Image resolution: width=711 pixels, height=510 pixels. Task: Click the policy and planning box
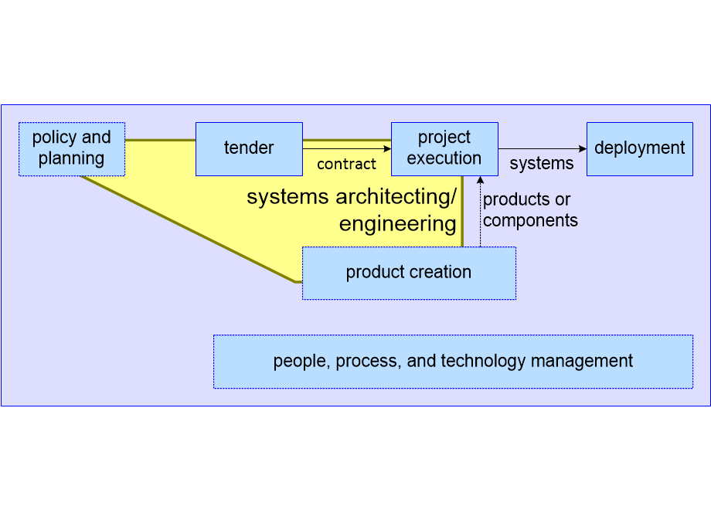71,148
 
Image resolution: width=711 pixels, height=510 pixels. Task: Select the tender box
249,148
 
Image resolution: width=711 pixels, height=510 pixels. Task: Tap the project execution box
444,148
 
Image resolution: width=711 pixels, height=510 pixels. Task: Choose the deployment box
639,148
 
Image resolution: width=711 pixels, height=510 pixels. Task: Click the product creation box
409,273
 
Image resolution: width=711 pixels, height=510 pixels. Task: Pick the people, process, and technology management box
453,361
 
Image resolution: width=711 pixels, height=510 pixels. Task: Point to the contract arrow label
346,164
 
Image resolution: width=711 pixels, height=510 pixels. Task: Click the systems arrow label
542,164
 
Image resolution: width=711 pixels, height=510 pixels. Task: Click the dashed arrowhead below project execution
480,180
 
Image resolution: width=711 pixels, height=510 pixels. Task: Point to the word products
517,199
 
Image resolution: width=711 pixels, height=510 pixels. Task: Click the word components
530,220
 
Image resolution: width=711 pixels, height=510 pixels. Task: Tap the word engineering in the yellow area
398,224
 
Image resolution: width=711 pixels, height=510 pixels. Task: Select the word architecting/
394,197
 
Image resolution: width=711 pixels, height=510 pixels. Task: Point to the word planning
71,158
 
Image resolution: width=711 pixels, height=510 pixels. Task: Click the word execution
444,158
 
